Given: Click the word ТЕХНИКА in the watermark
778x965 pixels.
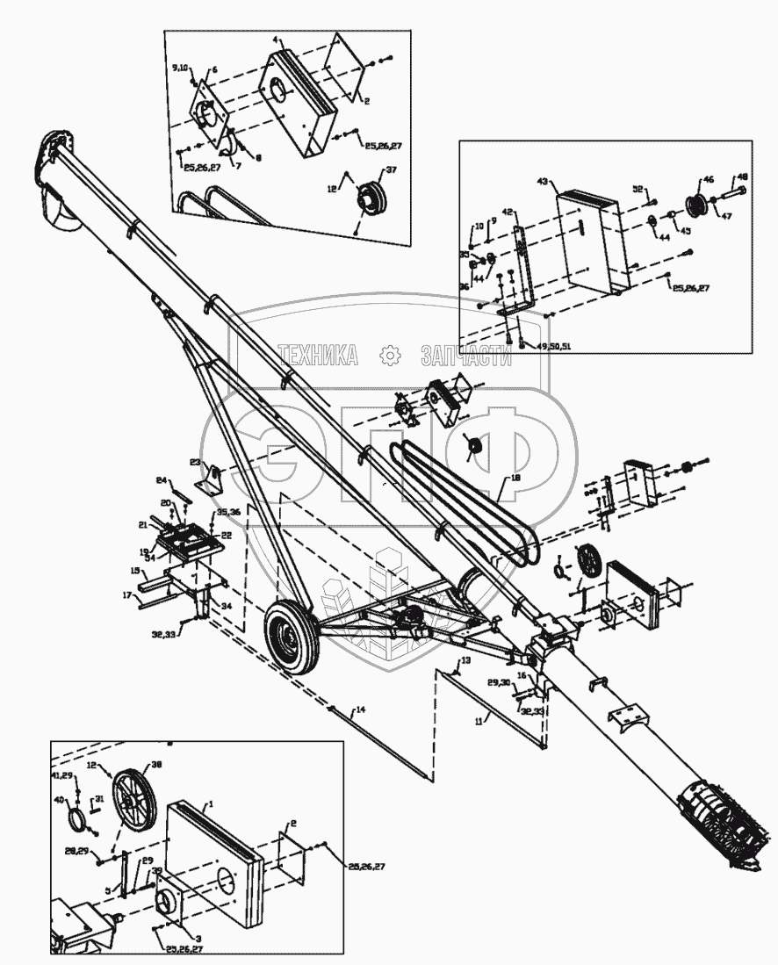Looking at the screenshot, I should pyautogui.click(x=319, y=355).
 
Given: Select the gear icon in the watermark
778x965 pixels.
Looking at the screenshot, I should pyautogui.click(x=389, y=355).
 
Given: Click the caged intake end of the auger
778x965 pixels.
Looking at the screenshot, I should pyautogui.click(x=715, y=816).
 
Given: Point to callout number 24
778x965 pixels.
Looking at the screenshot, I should pyautogui.click(x=161, y=480).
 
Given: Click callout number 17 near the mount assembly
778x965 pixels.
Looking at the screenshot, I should pyautogui.click(x=126, y=594).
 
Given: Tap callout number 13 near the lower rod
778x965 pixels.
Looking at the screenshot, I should pyautogui.click(x=466, y=659).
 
